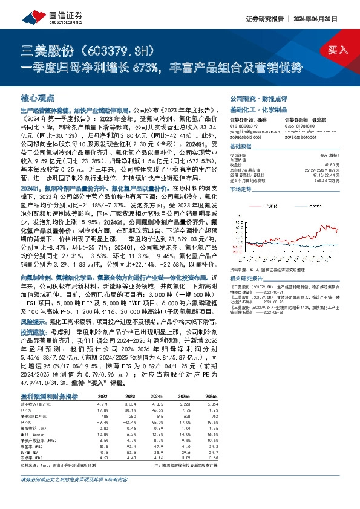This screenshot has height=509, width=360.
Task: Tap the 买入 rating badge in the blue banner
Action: (x=338, y=50)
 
